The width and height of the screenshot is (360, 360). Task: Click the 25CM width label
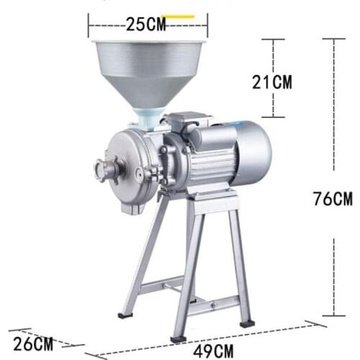pos(147,24)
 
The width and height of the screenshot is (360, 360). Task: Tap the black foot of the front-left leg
pos(125,314)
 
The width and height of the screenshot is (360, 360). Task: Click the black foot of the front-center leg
pos(177,337)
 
